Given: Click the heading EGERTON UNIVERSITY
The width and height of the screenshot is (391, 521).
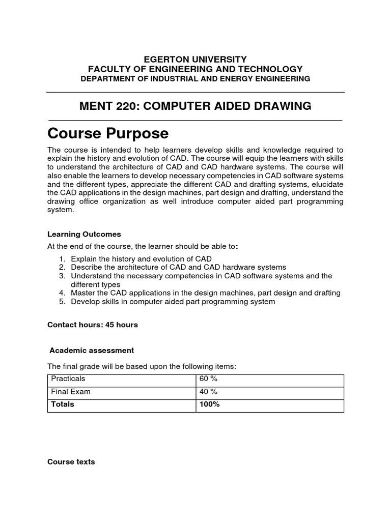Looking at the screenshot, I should (195, 59).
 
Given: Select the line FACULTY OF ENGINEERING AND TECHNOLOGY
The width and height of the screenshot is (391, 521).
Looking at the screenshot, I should (195, 69).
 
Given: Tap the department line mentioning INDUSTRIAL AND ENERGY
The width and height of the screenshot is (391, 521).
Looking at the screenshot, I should (195, 79).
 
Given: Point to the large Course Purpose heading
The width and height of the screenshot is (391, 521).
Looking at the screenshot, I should (107, 133).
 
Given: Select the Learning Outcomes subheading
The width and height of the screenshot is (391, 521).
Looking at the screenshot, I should (84, 234).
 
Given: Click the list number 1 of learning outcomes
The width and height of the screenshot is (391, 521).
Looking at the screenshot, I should (61, 259).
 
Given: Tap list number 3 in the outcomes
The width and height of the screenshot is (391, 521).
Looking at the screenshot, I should (61, 276).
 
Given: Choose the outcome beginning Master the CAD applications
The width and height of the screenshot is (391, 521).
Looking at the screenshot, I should (206, 293).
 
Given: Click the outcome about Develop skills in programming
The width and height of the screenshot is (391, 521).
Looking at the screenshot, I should (173, 302).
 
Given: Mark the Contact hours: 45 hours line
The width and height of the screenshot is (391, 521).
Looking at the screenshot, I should (92, 325).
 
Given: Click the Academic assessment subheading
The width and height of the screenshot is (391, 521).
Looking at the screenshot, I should (92, 350).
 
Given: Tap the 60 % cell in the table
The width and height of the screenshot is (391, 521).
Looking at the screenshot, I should (209, 379).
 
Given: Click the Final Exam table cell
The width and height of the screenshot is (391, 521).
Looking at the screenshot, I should (70, 392).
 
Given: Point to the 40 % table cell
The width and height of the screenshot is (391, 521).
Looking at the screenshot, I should (209, 392).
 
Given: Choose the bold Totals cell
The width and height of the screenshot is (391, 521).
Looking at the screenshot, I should (62, 404).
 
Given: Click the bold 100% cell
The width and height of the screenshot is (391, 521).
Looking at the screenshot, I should (209, 404).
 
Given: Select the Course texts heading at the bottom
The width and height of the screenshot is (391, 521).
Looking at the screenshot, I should (71, 462).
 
